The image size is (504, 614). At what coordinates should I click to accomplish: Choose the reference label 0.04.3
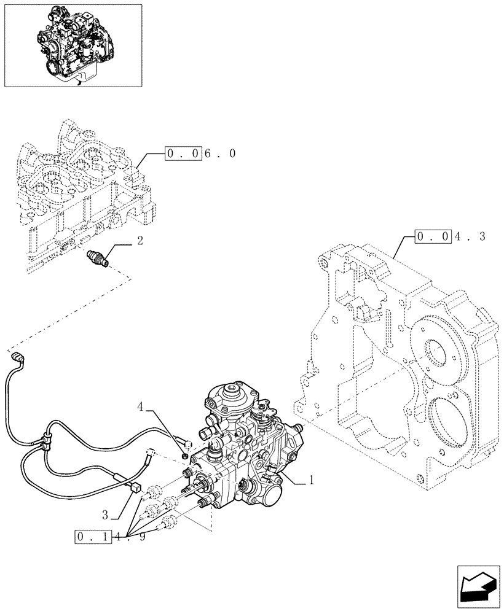point(450,236)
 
